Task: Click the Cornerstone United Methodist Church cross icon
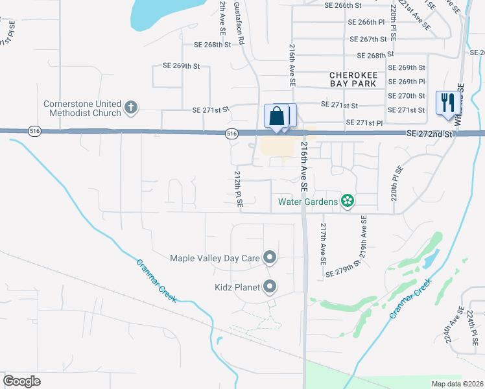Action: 131,107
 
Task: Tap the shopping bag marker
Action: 277,117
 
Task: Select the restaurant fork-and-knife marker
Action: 447,102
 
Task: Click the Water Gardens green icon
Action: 348,201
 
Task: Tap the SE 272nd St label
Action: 430,134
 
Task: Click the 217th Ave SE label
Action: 322,245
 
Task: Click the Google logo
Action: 21,381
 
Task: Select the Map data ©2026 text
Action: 456,384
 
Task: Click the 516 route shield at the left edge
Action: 34,132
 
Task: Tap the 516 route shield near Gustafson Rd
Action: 231,134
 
